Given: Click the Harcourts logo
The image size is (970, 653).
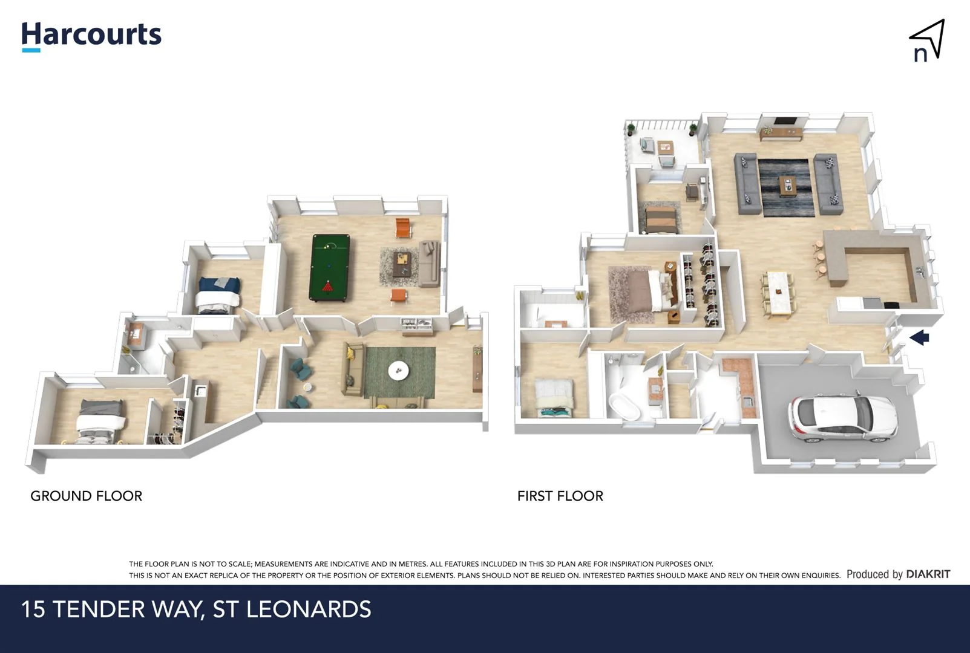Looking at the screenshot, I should coord(91,35).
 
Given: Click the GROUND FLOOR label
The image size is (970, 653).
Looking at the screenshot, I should coord(86,496).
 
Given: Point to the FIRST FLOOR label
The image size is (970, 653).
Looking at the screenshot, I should coord(560,496).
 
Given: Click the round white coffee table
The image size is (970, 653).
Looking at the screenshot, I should coord(398,370).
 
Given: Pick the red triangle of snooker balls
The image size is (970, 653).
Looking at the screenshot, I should coord(328,287).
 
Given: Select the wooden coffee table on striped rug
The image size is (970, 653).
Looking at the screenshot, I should coord(788,185).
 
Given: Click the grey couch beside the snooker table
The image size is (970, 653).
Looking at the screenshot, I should coord(430,263).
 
